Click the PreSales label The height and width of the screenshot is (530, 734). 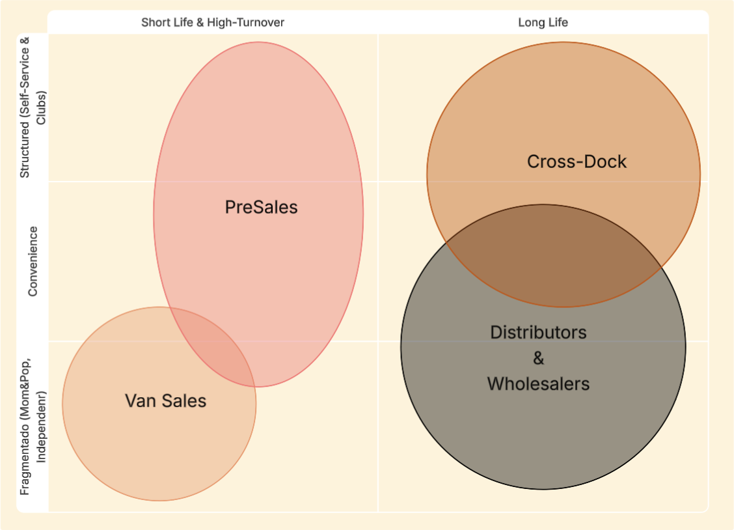click(261, 207)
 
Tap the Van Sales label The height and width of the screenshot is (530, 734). click(165, 400)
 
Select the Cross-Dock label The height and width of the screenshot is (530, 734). click(577, 161)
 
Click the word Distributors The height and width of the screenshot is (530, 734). click(538, 332)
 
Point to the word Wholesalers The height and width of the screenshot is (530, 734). click(538, 384)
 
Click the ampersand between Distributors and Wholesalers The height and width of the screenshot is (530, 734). click(538, 358)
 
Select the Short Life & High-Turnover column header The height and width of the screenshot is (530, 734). click(213, 22)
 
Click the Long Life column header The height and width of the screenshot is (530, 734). click(543, 22)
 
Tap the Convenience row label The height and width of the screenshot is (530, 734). click(33, 261)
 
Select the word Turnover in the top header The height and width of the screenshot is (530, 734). click(260, 22)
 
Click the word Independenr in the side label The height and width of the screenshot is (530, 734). click(42, 426)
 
